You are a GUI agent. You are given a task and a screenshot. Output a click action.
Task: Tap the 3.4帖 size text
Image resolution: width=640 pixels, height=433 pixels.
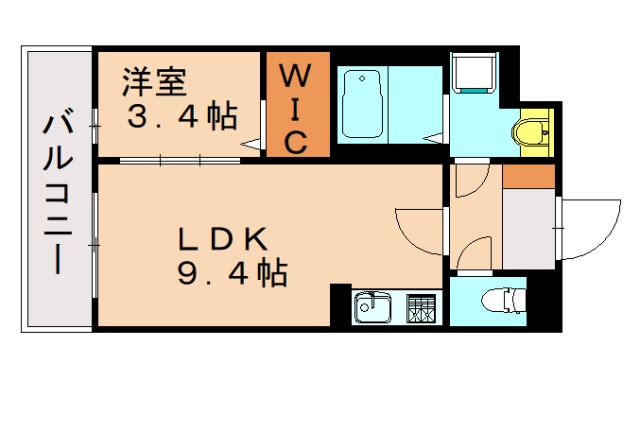coord(181,116)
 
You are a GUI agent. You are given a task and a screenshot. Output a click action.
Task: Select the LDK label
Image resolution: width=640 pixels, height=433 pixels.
coord(222,239)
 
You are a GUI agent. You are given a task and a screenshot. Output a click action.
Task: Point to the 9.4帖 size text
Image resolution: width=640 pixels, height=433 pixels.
coord(232,272)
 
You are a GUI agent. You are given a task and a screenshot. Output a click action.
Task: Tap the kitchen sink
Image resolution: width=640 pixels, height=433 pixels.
coord(374,306)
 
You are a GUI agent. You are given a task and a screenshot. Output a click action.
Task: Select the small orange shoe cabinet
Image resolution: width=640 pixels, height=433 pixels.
coord(527,175)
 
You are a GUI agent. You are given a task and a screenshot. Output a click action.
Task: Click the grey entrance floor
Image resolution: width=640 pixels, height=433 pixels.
coord(527,228)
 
